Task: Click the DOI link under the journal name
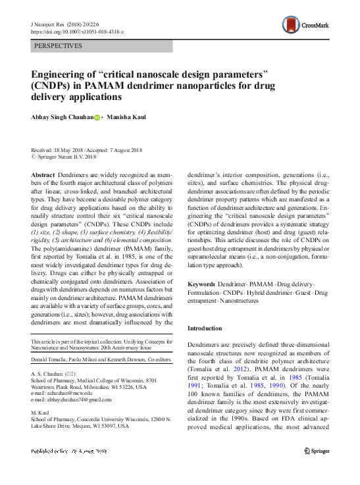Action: [x=77, y=32]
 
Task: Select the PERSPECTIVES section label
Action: [x=58, y=46]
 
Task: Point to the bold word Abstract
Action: [x=43, y=174]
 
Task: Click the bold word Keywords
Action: [x=201, y=284]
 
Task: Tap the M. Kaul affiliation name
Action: [x=40, y=413]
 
